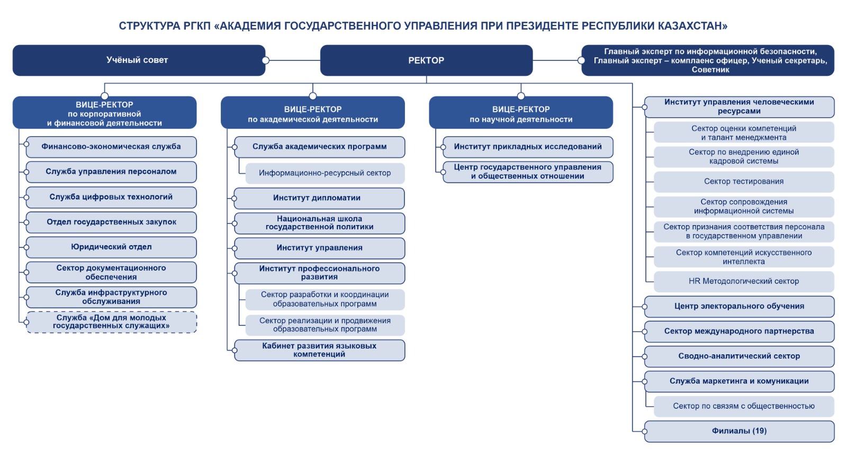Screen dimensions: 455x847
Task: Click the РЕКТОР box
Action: click(426, 60)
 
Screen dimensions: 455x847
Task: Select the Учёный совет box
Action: click(138, 60)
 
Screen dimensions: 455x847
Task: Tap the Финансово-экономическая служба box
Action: click(111, 147)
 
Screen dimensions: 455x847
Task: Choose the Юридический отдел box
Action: click(111, 247)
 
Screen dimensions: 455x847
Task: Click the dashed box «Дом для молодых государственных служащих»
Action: click(111, 322)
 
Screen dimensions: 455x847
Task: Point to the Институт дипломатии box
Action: click(319, 198)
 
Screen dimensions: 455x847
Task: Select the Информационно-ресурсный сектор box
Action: click(325, 173)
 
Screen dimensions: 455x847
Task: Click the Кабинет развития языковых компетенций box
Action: click(319, 350)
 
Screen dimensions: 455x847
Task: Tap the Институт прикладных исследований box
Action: click(527, 147)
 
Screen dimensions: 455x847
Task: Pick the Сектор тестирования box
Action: click(744, 182)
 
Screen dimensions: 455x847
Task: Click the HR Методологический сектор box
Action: click(744, 281)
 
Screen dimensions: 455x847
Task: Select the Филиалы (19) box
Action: click(739, 431)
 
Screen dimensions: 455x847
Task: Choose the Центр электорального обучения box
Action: click(739, 306)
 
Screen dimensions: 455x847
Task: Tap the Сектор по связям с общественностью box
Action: click(744, 406)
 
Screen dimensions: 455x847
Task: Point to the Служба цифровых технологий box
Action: click(111, 197)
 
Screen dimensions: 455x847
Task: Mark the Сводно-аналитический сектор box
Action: click(739, 356)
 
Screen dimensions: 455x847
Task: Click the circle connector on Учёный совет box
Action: click(266, 60)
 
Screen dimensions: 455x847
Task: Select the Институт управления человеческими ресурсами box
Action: click(739, 106)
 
